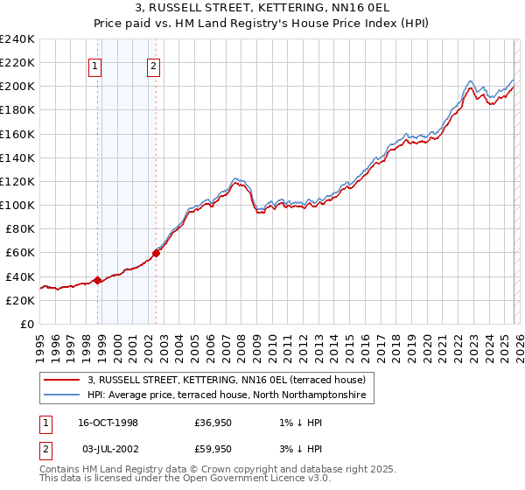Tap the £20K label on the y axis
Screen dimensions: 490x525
(x=20, y=299)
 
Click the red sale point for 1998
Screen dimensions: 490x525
(x=98, y=280)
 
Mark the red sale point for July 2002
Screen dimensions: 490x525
(x=156, y=253)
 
